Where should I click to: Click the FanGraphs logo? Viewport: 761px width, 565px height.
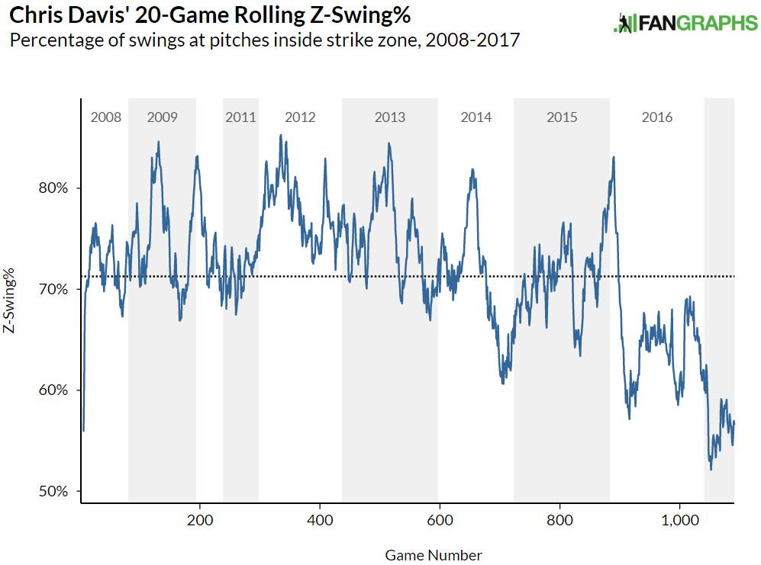click(x=685, y=23)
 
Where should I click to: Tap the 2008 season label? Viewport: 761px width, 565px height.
click(x=105, y=117)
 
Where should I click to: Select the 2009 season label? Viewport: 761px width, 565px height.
click(x=162, y=117)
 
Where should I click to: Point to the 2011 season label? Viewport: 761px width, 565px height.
click(x=240, y=117)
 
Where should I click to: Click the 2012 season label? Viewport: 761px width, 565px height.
click(x=300, y=117)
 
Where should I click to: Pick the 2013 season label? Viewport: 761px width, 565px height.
click(x=390, y=117)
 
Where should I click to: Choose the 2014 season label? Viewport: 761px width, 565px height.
click(x=476, y=117)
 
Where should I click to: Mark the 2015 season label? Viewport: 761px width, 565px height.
click(x=562, y=117)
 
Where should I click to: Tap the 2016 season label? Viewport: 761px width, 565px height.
click(x=657, y=117)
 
